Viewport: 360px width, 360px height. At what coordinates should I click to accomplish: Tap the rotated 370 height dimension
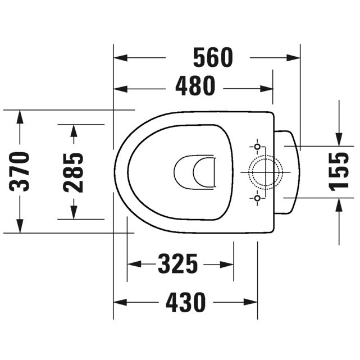[21, 171]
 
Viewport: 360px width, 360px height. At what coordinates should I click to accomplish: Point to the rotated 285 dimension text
[73, 171]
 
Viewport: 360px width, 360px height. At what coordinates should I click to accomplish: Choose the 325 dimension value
[178, 263]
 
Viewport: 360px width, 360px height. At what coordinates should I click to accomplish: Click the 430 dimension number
[186, 303]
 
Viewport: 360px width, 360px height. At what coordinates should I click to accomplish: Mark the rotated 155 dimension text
[339, 171]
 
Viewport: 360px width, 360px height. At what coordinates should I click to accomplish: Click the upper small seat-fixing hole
[257, 147]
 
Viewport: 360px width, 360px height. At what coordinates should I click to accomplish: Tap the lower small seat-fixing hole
[257, 198]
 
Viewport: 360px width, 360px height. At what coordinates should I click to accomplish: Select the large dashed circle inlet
[265, 172]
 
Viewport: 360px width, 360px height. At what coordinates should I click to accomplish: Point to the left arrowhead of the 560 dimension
[119, 57]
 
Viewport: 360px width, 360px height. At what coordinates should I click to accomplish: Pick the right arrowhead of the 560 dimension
[295, 57]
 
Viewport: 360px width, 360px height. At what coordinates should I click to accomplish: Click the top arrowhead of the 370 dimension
[20, 116]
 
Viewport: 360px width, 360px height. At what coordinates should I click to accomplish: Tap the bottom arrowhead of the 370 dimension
[20, 227]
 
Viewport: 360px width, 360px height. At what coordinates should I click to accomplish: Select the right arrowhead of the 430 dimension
[253, 303]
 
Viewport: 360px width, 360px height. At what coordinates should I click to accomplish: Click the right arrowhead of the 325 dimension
[229, 263]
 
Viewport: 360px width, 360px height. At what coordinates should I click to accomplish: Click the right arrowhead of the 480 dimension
[268, 87]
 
